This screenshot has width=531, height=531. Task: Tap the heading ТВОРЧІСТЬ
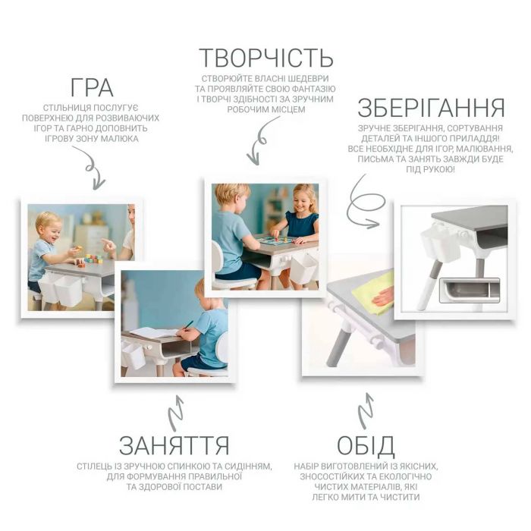coord(265,58)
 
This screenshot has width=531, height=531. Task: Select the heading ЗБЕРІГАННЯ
coord(431,107)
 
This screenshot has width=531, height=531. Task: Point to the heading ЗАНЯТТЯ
coord(174,444)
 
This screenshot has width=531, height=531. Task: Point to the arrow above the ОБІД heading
coord(365,410)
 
